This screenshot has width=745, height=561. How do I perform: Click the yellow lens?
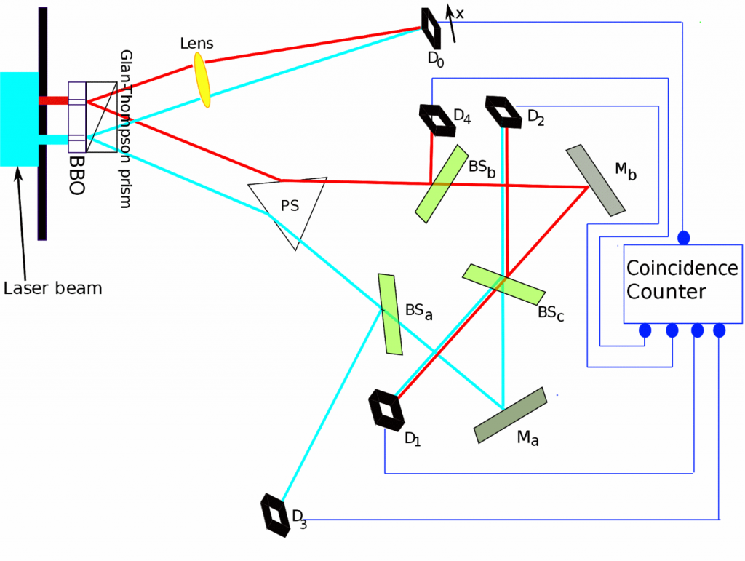tap(202, 80)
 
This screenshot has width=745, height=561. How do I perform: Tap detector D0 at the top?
tap(431, 28)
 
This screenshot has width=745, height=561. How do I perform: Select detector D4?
tap(437, 120)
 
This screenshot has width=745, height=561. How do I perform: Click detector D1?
tap(386, 410)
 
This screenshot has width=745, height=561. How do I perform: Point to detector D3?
tap(275, 515)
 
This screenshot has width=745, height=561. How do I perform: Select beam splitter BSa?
tap(390, 314)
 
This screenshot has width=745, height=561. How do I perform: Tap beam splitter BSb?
tap(442, 184)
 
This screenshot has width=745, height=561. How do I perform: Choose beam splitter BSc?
tap(503, 284)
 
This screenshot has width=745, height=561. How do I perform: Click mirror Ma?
tap(510, 415)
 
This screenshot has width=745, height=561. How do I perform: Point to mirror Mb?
tap(595, 180)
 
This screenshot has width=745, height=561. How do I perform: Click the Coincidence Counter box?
tap(682, 284)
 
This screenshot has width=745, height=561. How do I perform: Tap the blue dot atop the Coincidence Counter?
tap(683, 237)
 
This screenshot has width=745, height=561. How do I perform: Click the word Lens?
tap(196, 43)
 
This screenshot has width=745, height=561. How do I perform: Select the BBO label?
tap(76, 175)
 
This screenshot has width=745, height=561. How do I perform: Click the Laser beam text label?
tap(52, 288)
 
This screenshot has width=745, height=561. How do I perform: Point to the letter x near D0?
tap(460, 14)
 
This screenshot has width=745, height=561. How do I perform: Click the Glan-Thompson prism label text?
tap(125, 129)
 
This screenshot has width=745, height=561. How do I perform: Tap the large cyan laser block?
tap(19, 119)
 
